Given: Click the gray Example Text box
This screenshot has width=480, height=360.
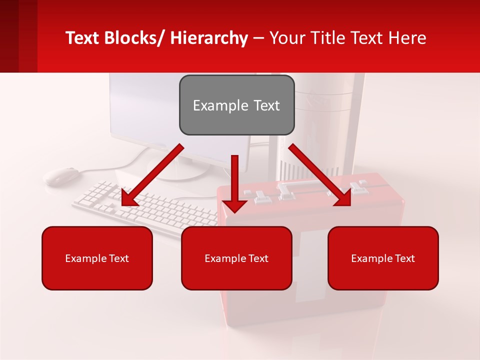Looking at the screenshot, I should click(236, 105).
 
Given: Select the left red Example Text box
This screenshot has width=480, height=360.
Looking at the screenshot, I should click(97, 258).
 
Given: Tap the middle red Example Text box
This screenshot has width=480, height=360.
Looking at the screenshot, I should click(236, 258).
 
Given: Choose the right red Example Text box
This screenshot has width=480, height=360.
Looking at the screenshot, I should click(383, 258).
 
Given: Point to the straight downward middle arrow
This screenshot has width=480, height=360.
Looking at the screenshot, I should click(234, 182).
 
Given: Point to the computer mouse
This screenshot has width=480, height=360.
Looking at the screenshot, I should click(61, 175).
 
